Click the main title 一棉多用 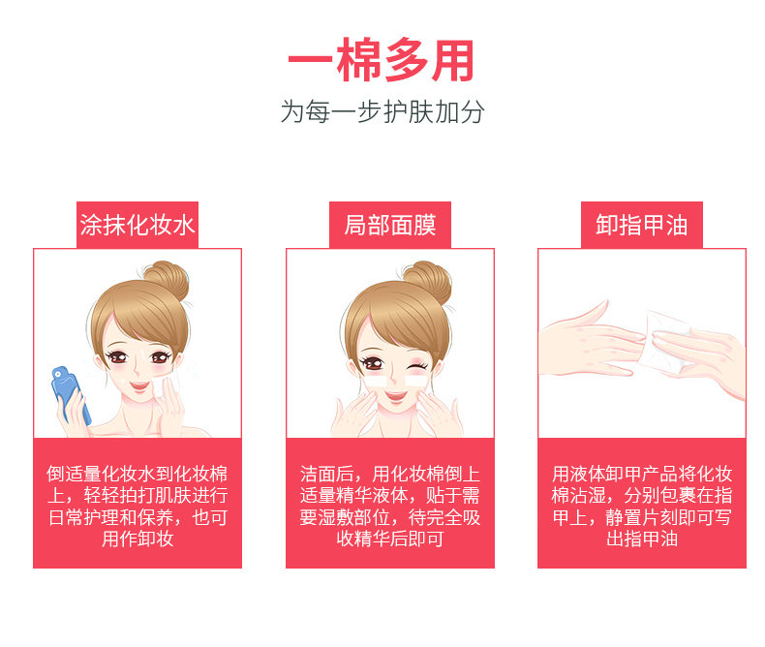(x=381, y=60)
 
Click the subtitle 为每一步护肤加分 (x=382, y=111)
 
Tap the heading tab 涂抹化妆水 (x=138, y=225)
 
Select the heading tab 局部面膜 (x=390, y=225)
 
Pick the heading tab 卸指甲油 (x=642, y=225)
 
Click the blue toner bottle (x=71, y=394)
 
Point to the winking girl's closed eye (x=416, y=366)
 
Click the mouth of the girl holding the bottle (x=139, y=386)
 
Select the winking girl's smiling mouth (x=396, y=395)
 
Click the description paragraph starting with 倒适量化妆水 (x=138, y=506)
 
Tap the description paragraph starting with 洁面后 (x=390, y=506)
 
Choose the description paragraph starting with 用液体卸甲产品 (x=642, y=506)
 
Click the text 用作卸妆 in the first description (x=138, y=539)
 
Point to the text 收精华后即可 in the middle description (x=390, y=539)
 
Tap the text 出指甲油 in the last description (x=642, y=539)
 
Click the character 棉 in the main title (x=358, y=60)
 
